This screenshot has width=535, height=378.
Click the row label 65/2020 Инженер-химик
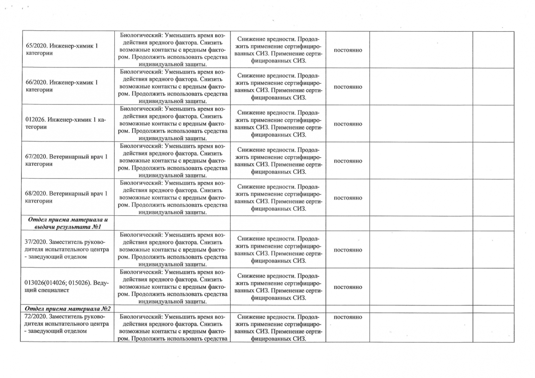click(62, 49)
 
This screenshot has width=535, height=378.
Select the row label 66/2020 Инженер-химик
click(62, 86)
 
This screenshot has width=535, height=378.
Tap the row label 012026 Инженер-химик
click(66, 123)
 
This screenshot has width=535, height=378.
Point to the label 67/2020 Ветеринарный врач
click(67, 160)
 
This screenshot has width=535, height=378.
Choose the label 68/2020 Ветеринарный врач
click(67, 197)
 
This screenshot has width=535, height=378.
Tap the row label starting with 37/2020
click(67, 249)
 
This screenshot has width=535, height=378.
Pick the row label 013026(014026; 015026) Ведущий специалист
click(67, 286)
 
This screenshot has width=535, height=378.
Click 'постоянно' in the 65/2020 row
click(348, 50)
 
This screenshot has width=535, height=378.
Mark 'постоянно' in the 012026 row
click(348, 124)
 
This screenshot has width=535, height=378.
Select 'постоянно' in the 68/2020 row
click(348, 198)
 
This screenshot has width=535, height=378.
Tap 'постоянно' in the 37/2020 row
click(348, 250)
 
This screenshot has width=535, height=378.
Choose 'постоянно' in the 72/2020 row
click(348, 317)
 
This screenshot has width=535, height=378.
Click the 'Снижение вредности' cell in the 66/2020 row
click(278, 87)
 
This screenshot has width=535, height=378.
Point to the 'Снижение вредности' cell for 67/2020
click(278, 161)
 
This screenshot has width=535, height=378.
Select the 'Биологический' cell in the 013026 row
click(173, 287)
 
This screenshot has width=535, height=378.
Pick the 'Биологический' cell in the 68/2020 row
click(173, 198)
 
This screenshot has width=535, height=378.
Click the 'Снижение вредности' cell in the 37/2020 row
click(278, 250)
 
